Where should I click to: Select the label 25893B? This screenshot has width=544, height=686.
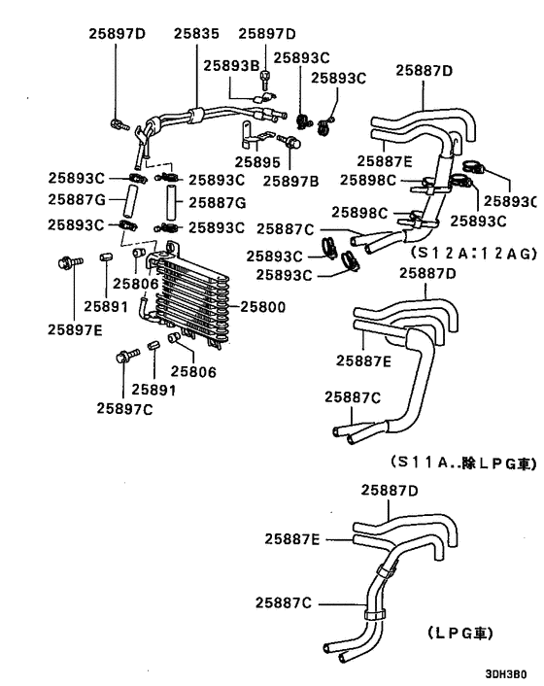pos(231,65)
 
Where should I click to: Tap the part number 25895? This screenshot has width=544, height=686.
pos(261,161)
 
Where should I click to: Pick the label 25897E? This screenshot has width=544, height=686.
pos(75,327)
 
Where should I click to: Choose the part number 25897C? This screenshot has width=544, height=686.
pos(123,408)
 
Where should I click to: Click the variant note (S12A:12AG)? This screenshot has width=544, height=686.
pos(472,253)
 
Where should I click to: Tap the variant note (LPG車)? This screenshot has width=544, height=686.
pos(459,632)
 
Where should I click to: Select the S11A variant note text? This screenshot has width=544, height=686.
pos(461,463)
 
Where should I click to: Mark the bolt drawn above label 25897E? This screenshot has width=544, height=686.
pos(69,261)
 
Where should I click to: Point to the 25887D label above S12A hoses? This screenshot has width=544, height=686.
pos(424,69)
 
